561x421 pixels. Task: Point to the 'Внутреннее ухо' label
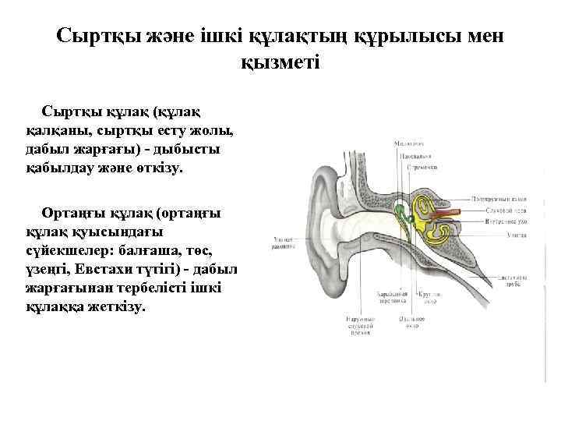tap(505, 221)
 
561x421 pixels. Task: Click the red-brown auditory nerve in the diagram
tap(450, 213)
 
